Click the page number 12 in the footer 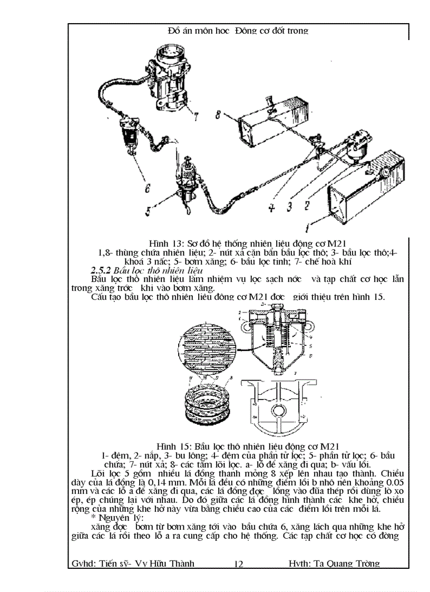pos(238,564)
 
